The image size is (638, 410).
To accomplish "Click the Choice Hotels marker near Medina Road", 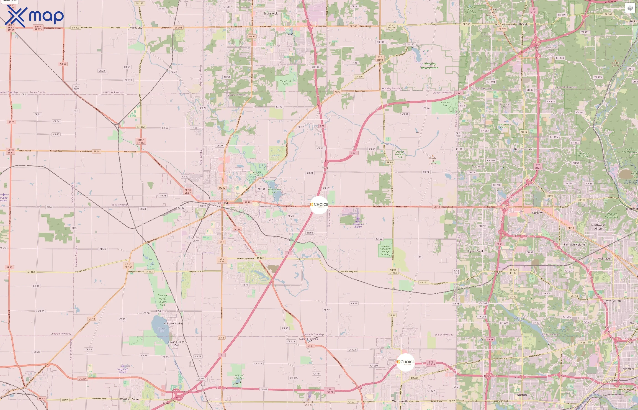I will click(319, 205).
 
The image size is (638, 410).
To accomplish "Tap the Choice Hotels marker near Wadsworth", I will click(406, 362).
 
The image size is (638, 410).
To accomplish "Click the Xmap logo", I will click(34, 16).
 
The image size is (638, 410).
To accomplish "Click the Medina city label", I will click(222, 202).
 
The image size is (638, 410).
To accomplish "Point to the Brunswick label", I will click(270, 13).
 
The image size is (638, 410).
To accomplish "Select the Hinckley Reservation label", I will click(430, 66).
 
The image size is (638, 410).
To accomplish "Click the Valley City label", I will click(136, 28).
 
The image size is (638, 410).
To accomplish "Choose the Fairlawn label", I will click(538, 213).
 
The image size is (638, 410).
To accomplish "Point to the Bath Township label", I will click(524, 149).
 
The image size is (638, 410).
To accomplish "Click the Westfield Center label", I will click(130, 399).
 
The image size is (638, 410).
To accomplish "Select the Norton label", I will click(522, 395).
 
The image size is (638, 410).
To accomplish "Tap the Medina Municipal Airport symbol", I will click(358, 218).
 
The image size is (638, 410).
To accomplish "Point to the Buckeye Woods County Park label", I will click(162, 300).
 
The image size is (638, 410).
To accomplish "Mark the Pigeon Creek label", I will click(476, 251).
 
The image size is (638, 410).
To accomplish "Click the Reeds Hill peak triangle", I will click(432, 156).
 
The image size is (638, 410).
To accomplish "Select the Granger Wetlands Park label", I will click(400, 154).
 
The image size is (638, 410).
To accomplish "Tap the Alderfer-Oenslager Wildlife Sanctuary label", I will click(385, 250).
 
